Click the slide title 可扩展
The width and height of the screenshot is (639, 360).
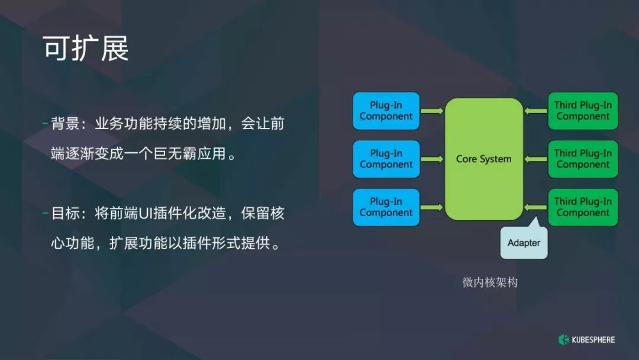click(86, 49)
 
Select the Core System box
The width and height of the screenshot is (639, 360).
click(483, 159)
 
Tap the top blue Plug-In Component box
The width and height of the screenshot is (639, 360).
click(386, 111)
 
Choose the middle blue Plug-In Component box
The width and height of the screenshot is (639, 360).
click(386, 159)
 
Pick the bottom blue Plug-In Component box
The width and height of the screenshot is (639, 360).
click(386, 207)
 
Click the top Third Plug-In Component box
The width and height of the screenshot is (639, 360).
click(583, 111)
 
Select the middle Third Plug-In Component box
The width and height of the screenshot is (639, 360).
click(583, 159)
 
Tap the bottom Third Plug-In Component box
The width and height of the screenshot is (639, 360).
click(583, 207)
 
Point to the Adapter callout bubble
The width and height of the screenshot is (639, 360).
click(524, 243)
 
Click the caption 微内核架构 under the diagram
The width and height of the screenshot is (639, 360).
click(490, 282)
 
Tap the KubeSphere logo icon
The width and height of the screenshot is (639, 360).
click(563, 339)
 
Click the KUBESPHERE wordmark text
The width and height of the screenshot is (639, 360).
click(593, 340)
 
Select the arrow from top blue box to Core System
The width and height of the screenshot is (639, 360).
click(432, 111)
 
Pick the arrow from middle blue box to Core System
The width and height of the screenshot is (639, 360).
click(432, 159)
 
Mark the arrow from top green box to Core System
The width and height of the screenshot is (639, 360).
click(535, 111)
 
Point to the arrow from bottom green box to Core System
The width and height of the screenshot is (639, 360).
click(535, 207)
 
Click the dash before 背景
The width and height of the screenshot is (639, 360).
click(45, 124)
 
